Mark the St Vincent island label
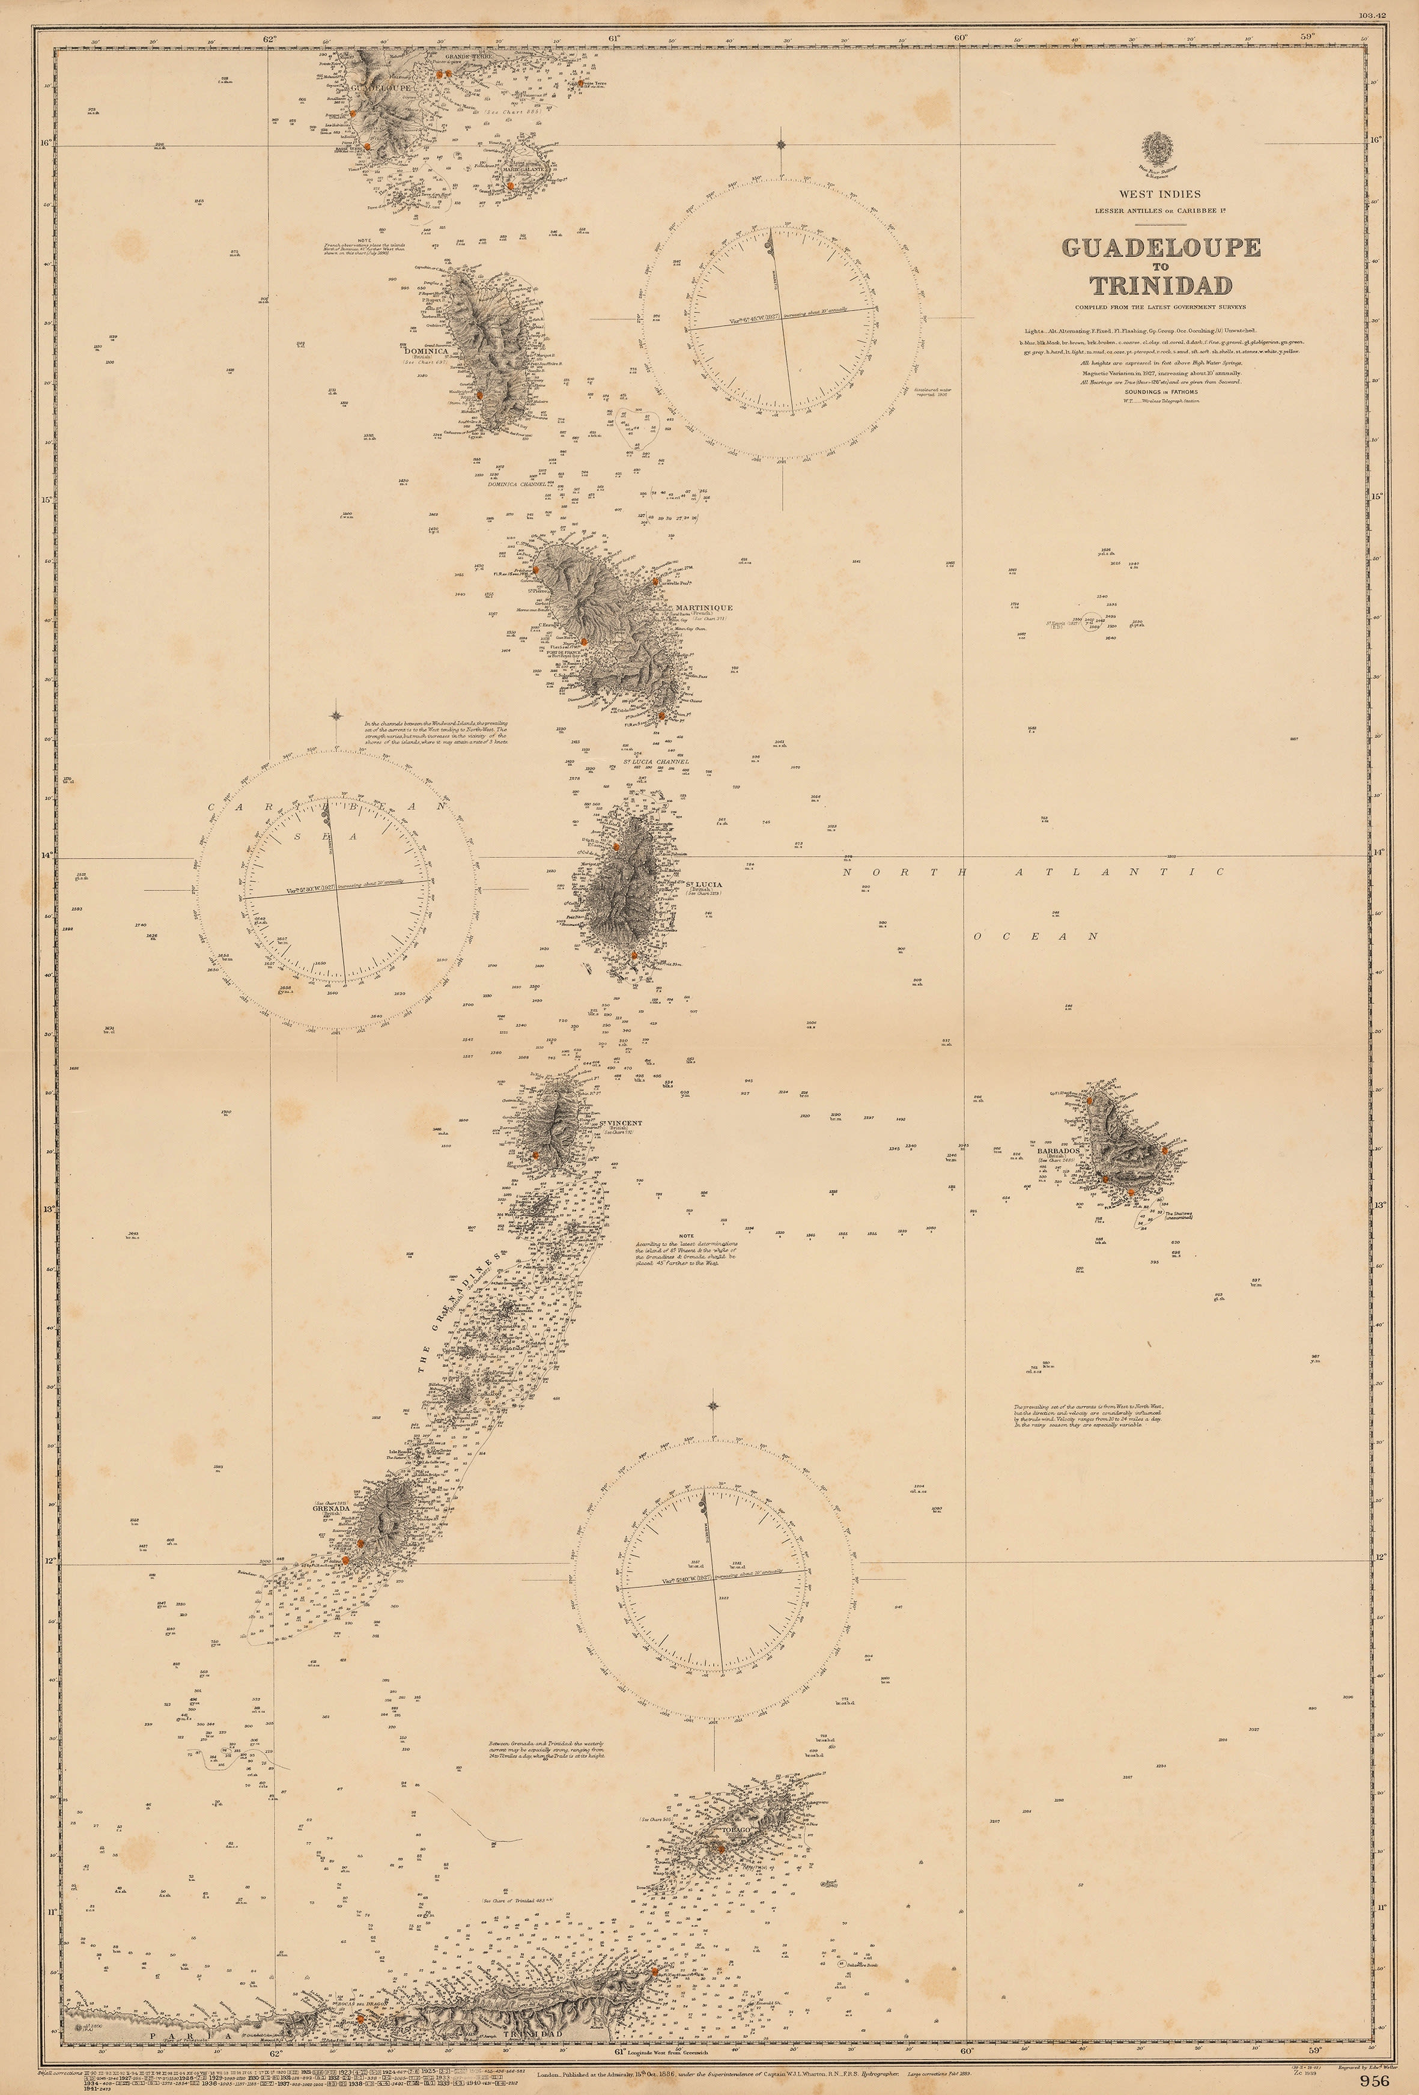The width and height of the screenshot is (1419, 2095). point(615,1122)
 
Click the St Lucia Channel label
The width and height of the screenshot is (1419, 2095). point(655,762)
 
